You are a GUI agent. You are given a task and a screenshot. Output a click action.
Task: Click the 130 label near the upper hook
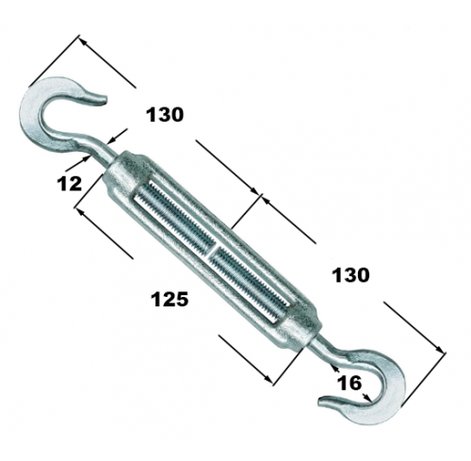tap(165, 115)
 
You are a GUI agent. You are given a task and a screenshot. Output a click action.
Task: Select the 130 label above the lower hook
tap(350, 275)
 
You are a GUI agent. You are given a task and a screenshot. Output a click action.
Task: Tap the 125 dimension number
tap(170, 299)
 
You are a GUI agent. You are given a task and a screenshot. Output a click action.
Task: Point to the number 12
tap(69, 184)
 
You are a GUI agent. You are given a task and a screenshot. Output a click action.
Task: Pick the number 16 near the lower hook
tap(349, 383)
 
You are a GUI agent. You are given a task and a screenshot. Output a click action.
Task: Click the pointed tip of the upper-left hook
tap(105, 100)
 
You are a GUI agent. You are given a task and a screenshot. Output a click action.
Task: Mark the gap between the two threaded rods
tap(212, 249)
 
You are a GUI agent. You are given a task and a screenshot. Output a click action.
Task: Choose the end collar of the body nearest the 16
tap(299, 327)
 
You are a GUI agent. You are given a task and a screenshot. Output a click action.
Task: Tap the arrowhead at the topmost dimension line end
tap(82, 41)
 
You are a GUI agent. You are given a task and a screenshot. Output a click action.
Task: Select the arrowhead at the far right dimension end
tap(440, 349)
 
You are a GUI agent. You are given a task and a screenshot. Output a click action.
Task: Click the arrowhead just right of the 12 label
tap(86, 158)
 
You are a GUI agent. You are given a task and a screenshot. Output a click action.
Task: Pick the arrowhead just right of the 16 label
tap(366, 397)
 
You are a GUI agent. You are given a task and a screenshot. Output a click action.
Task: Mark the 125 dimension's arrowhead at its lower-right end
tap(268, 378)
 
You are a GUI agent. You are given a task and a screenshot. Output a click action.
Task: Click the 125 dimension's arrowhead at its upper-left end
tap(80, 212)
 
